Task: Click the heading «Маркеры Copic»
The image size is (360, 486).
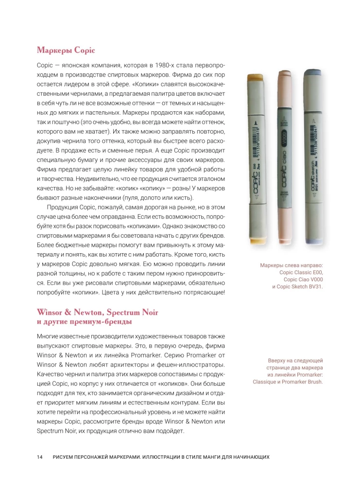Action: (66, 50)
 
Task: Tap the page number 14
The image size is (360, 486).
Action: (40, 457)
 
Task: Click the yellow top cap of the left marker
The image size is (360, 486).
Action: (257, 78)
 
